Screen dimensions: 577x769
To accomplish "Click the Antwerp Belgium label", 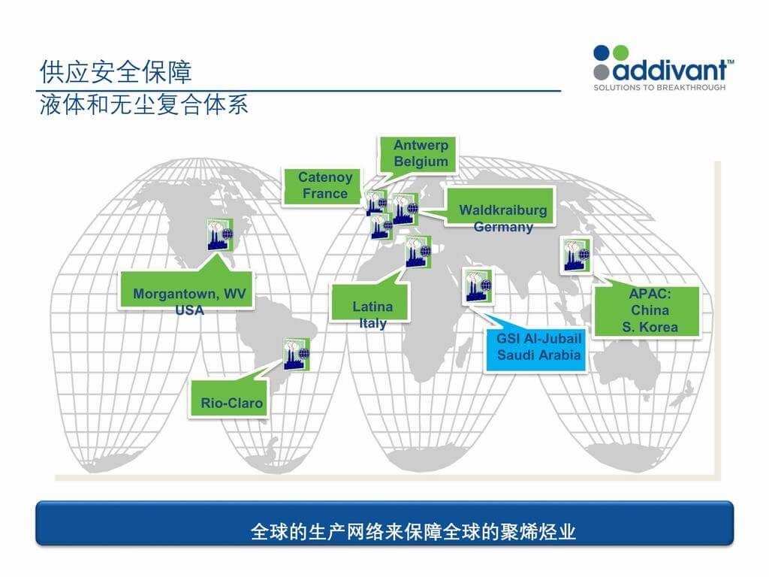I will point(421,153).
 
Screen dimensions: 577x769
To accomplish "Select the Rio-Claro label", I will point(231,403).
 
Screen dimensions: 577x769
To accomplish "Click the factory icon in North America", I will point(220,234).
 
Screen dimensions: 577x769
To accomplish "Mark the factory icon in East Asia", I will point(577,254).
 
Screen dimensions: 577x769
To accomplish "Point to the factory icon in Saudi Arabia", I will point(478,286).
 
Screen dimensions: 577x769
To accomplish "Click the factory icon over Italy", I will point(418,252).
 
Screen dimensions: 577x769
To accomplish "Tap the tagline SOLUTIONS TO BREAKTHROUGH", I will point(659,88).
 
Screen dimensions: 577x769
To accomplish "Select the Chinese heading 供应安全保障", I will point(116,72).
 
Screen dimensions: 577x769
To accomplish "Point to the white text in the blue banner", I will point(414,533).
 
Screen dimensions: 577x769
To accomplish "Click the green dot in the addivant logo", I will point(620,53).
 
